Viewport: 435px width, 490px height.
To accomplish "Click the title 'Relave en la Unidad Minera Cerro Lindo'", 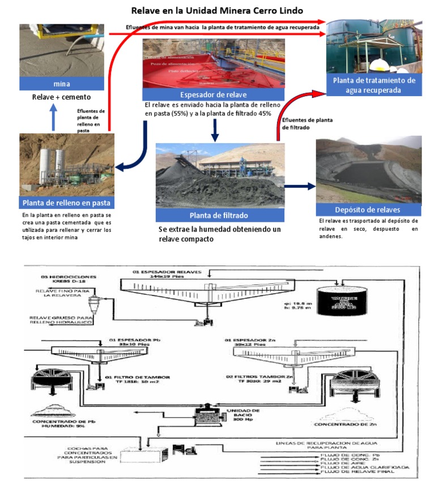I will (x=217, y=11).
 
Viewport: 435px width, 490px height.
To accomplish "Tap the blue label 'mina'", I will (x=62, y=84).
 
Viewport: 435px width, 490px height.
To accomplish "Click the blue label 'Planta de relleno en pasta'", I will (x=66, y=203).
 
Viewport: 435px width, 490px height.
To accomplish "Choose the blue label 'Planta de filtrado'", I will (x=220, y=214).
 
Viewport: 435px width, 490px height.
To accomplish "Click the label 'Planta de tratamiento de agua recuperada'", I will (x=374, y=85).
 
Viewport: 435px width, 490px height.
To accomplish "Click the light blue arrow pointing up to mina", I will (x=54, y=119).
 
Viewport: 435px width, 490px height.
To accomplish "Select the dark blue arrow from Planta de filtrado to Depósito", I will (x=299, y=186).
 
